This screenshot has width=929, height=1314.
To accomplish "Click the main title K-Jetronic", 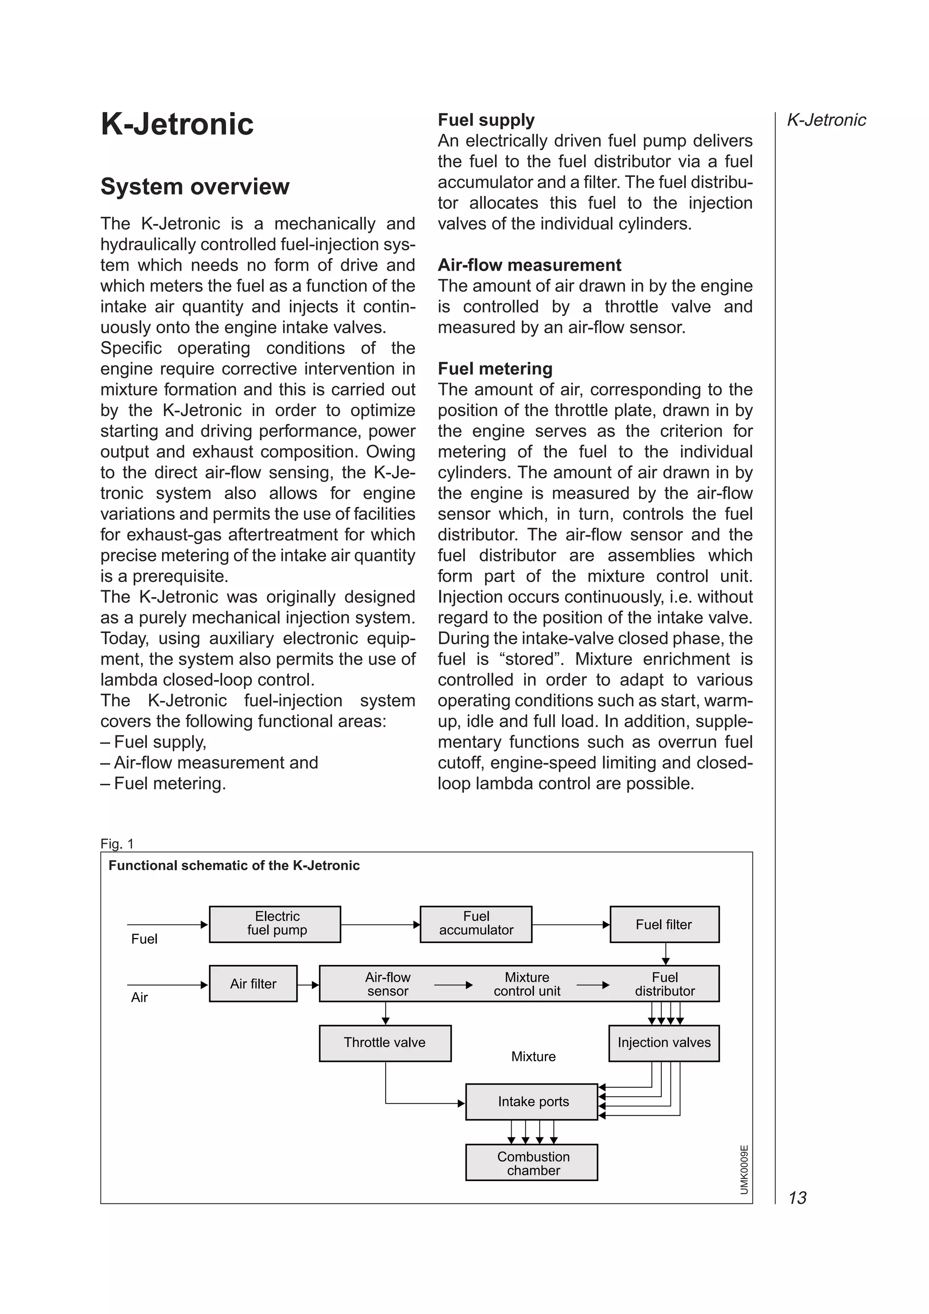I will click(177, 124).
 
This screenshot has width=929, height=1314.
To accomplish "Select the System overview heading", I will click(195, 186).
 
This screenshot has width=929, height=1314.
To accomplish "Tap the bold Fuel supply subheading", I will click(485, 120).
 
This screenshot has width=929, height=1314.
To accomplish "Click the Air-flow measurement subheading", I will click(529, 265).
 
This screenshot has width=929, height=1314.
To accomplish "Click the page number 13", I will click(797, 1197).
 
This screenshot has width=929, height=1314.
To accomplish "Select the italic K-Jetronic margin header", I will click(826, 120).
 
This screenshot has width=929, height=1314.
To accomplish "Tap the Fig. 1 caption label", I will click(117, 843).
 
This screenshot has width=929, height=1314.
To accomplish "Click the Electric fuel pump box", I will click(275, 924).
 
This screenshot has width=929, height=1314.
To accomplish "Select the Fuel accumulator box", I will click(476, 924).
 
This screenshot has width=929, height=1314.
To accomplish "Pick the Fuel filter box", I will click(664, 924).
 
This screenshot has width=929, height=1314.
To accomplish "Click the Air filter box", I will click(253, 983).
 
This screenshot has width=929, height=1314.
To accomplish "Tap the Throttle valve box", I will click(385, 1043).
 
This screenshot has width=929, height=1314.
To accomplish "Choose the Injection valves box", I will click(664, 1043).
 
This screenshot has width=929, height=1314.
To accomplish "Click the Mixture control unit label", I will click(527, 984).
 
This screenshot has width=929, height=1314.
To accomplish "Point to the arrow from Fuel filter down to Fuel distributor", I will click(665, 954).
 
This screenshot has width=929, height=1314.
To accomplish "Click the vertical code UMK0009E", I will click(743, 1169).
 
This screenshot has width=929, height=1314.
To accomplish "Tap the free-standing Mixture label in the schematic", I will click(533, 1056).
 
